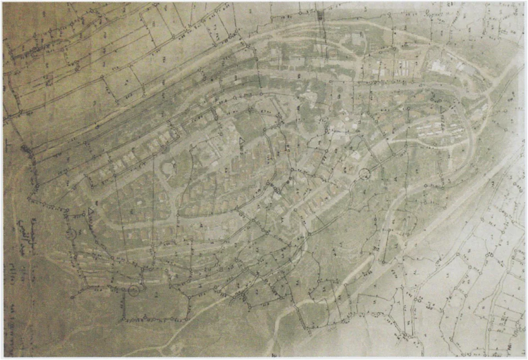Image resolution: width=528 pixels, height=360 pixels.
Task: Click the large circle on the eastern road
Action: coord(365,174)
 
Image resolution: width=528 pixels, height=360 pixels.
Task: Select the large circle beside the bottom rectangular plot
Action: coord(134,289)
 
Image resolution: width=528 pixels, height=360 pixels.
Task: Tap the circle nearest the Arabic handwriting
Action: coord(70,234)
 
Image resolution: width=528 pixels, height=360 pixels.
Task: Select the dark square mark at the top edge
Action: coord(321,16)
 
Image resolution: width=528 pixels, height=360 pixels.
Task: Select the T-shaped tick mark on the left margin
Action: coord(7,146)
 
